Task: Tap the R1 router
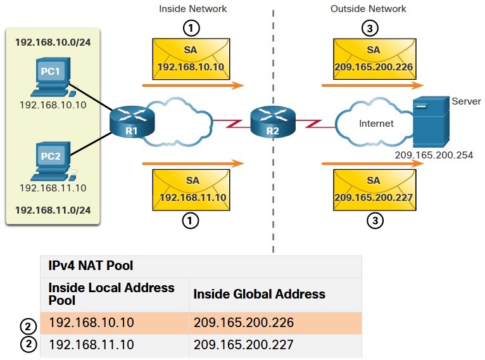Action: pos(132,121)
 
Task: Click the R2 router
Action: pos(273,121)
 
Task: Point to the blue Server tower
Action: pos(431,122)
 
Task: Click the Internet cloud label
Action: pos(376,124)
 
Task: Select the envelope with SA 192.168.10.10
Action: pos(191,59)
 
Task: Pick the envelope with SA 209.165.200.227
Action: pos(375,190)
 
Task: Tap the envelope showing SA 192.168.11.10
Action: pos(191,190)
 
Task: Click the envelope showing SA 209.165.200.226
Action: pos(375,59)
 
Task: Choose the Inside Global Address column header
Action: pos(259,293)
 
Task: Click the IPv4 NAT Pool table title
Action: pos(91,266)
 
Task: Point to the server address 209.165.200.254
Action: pos(434,155)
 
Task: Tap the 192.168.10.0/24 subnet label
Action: pos(53,42)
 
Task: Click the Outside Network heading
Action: pos(368,9)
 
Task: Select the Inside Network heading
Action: pos(192,9)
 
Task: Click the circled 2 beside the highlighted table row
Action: pos(28,326)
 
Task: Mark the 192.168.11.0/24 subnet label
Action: pos(53,210)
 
